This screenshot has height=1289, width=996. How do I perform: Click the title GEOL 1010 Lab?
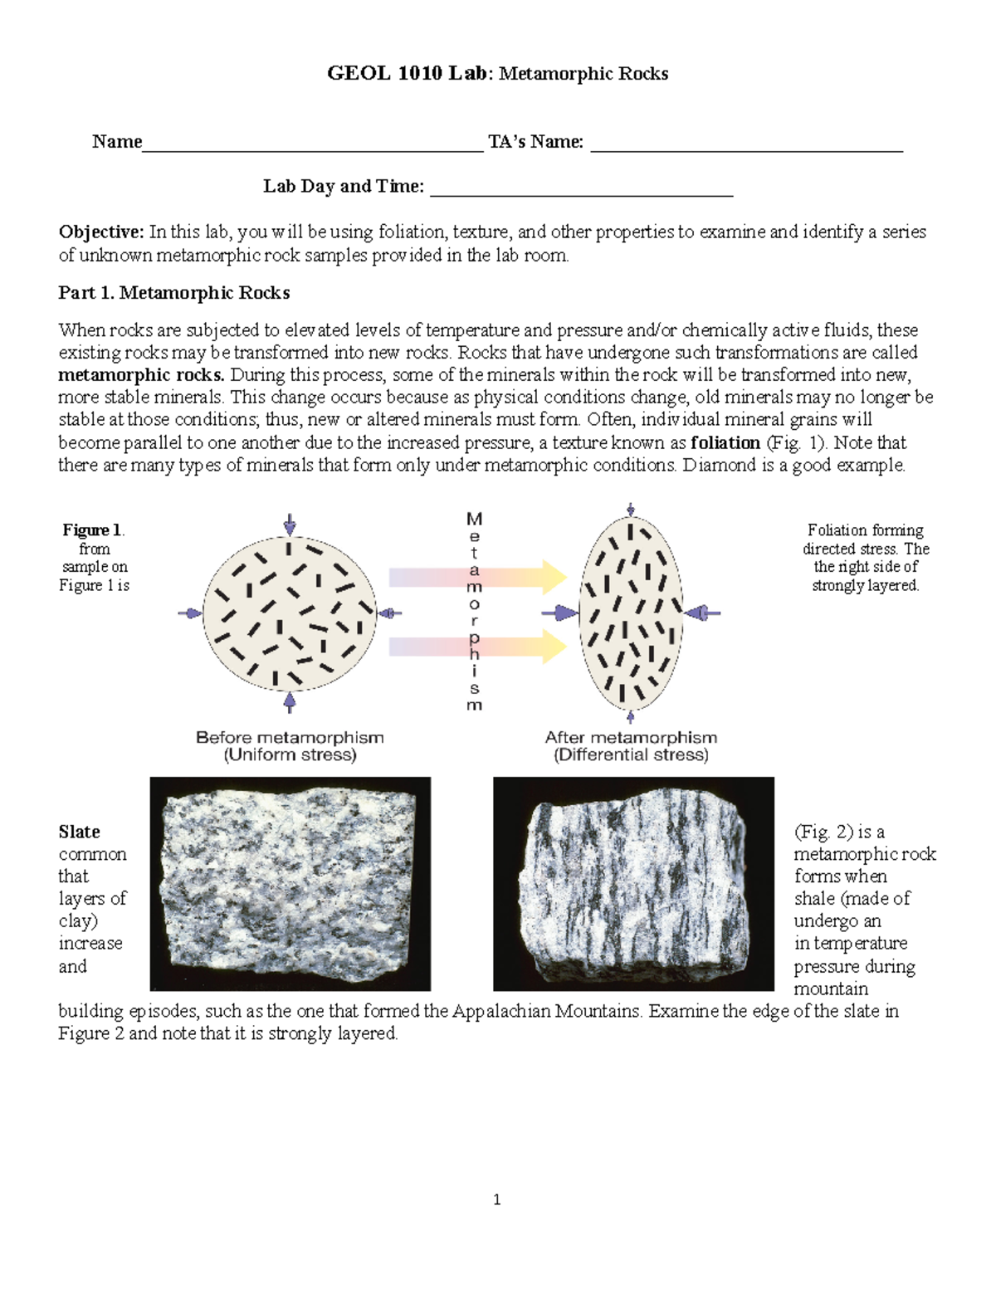pos(407,74)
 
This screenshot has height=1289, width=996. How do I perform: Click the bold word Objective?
pos(101,232)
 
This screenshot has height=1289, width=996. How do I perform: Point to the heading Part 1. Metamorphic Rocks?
pos(173,293)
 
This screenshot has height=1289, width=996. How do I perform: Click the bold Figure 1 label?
pos(92,530)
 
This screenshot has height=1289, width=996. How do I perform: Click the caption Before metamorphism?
pos(290,737)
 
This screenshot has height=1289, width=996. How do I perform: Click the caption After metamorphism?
pos(631,737)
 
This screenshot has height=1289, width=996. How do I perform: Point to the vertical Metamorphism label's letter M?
pos(474,520)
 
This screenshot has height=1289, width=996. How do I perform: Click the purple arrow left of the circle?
pos(190,613)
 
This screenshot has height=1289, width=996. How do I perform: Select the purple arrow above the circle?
pos(289,523)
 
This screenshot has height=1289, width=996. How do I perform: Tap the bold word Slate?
pos(79,832)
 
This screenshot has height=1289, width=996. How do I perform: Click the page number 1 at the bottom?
pos(496,1199)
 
